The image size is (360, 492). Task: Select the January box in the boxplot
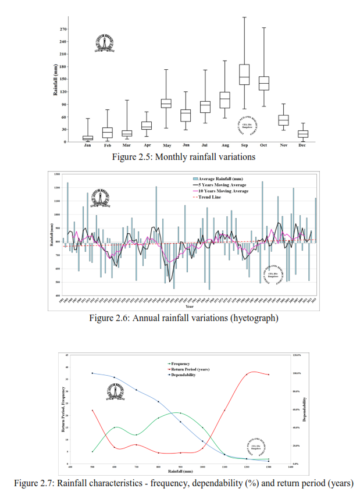coord(88,138)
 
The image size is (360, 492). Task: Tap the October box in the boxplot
coord(264,83)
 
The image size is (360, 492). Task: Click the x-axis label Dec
coord(302,145)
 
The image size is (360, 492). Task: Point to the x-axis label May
coord(166,145)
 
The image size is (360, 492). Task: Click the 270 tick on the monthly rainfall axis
coord(63,29)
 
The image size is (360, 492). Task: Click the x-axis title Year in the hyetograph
coord(190,306)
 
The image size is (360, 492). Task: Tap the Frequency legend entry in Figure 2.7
coord(180,363)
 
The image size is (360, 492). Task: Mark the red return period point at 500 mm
coord(92,411)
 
